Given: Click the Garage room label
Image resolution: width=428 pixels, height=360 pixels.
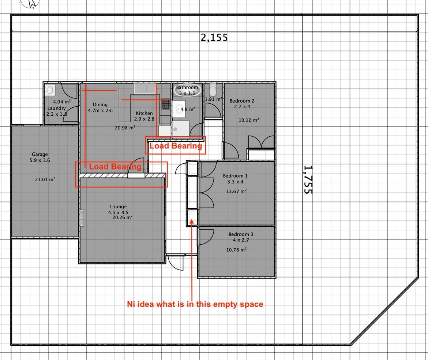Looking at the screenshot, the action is click(x=40, y=154).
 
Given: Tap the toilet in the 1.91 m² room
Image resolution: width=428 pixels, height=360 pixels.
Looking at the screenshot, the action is click(x=213, y=90).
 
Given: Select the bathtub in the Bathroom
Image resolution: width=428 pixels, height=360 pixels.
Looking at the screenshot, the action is click(x=187, y=90).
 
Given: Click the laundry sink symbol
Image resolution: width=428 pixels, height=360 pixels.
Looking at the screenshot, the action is click(x=50, y=90).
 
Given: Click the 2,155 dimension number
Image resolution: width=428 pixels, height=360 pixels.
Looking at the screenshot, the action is click(x=214, y=37).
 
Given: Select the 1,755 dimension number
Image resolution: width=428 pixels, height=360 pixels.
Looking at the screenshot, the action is click(x=308, y=179).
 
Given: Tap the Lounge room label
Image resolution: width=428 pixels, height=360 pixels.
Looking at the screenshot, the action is click(x=118, y=207).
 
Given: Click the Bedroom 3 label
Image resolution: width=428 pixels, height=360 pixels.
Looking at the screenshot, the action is click(x=241, y=234).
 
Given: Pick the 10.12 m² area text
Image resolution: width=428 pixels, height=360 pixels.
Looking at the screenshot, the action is click(x=249, y=120).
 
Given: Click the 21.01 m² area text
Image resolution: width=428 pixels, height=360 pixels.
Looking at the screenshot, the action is click(x=45, y=179).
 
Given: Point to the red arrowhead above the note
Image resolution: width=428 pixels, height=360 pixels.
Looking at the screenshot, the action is click(x=192, y=222).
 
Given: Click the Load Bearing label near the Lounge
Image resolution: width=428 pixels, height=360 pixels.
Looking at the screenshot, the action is click(x=115, y=167).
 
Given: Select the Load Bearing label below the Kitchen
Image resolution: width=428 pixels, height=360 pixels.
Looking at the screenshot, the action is click(x=176, y=146).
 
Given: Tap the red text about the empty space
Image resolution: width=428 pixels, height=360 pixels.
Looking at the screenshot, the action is click(x=195, y=304).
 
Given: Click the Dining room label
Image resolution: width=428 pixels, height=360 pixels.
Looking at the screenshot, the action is click(x=100, y=104).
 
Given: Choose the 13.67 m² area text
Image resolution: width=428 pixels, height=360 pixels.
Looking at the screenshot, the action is click(x=236, y=191).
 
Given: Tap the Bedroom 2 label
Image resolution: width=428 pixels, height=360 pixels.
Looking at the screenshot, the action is click(x=242, y=101).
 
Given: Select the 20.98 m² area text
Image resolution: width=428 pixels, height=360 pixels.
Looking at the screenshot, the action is click(x=125, y=128).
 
